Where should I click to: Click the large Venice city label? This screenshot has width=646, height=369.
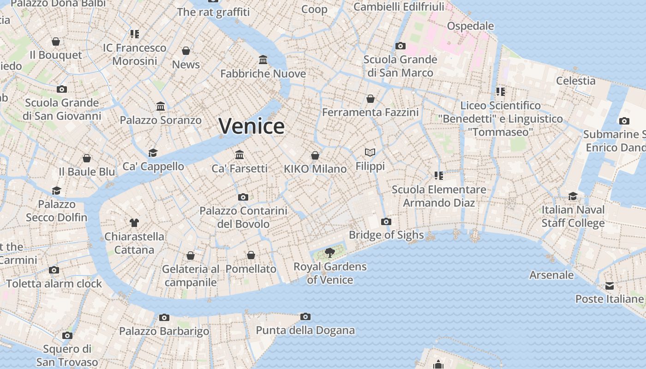251,126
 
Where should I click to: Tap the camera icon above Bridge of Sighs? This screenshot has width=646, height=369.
386,222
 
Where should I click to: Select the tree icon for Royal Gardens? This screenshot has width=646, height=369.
329,252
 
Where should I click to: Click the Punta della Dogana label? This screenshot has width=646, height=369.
305,330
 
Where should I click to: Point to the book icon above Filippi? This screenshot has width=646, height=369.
370,152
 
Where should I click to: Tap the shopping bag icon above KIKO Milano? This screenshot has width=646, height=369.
315,155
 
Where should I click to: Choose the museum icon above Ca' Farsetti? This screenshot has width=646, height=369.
239,155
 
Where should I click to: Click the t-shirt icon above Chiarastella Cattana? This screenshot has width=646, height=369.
134,223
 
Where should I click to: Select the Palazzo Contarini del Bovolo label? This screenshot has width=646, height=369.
243,217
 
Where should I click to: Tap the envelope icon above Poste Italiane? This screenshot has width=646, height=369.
610,286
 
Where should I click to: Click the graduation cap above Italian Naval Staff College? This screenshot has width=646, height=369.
573,196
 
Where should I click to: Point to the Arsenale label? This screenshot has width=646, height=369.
551,275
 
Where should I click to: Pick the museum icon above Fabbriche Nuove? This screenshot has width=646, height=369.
263,60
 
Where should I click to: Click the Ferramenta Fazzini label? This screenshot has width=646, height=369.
371,112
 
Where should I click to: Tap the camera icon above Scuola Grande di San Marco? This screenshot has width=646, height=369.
401,46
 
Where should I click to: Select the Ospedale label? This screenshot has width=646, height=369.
470,26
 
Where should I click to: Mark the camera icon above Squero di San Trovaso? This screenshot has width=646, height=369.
67,335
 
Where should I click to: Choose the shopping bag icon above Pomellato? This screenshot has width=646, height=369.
251,255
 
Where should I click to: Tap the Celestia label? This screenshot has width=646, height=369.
575,81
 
